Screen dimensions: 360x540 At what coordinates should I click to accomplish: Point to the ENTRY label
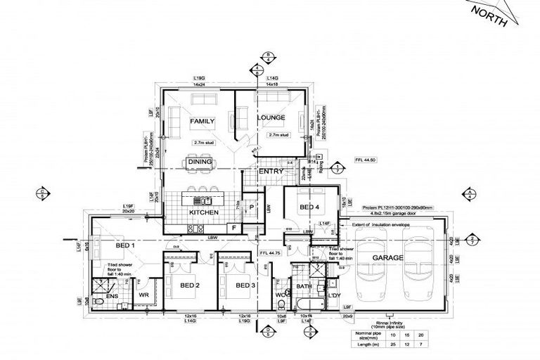click(x=271, y=172)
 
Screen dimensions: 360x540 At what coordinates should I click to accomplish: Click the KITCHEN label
click(x=203, y=212)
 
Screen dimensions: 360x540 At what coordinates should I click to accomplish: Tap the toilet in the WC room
click(x=281, y=302)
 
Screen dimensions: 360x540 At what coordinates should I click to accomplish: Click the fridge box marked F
click(x=233, y=228)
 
